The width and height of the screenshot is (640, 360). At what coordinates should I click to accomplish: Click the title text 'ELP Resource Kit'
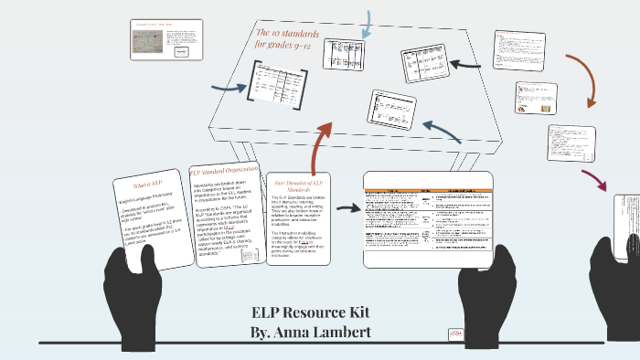(x=311, y=311)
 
